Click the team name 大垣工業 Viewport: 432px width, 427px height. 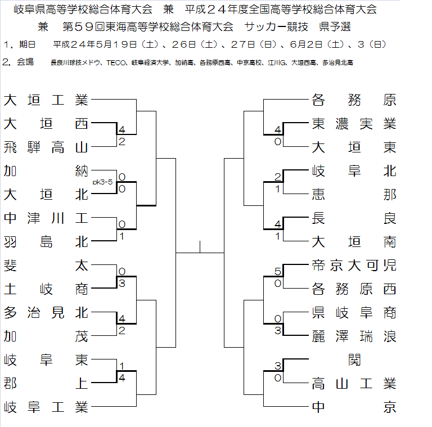point(46,100)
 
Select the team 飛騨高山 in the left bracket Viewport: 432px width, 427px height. point(46,147)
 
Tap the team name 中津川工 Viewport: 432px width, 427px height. point(46,218)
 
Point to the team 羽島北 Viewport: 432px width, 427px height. point(46,241)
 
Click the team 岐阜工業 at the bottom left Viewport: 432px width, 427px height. point(46,406)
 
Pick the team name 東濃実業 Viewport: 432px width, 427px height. point(354,124)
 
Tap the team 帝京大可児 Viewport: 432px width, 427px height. point(354,266)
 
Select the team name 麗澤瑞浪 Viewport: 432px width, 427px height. point(354,336)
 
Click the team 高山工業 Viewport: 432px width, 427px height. point(354,384)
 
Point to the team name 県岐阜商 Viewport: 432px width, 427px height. point(354,312)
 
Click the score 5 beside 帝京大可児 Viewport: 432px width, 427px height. point(277,272)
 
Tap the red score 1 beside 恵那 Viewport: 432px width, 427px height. point(277,189)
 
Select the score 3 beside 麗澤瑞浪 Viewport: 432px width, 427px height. point(277,330)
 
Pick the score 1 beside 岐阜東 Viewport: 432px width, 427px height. point(121,366)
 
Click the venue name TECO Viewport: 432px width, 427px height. point(115,63)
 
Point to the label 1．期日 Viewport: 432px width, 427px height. point(19,44)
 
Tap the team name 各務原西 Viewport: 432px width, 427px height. point(354,289)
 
